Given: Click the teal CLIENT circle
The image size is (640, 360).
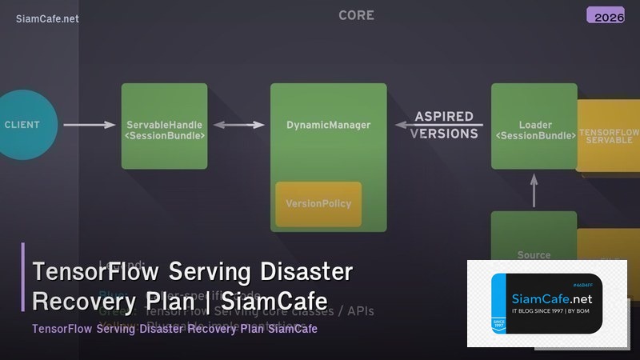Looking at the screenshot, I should click(x=24, y=125).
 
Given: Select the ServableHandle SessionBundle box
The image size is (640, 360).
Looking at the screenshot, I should click(x=164, y=126).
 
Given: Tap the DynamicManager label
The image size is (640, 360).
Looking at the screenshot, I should click(x=328, y=126).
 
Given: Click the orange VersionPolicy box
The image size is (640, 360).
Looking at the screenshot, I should click(x=318, y=204).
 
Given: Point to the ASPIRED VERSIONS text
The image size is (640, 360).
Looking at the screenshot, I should click(x=444, y=125).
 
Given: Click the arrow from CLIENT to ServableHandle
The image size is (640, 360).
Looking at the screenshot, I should click(x=90, y=125).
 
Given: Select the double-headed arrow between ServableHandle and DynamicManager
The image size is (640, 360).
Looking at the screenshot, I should click(x=238, y=125).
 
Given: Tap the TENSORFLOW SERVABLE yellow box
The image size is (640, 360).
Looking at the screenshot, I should click(x=608, y=135).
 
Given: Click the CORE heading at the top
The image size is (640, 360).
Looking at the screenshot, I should click(x=356, y=15).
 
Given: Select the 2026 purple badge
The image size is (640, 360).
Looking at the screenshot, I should click(x=605, y=15).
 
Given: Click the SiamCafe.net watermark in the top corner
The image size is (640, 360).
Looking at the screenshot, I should click(x=47, y=18).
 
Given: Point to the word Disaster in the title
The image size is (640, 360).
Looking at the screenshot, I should click(x=308, y=272).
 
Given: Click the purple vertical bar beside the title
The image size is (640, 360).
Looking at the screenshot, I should click(x=23, y=277).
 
